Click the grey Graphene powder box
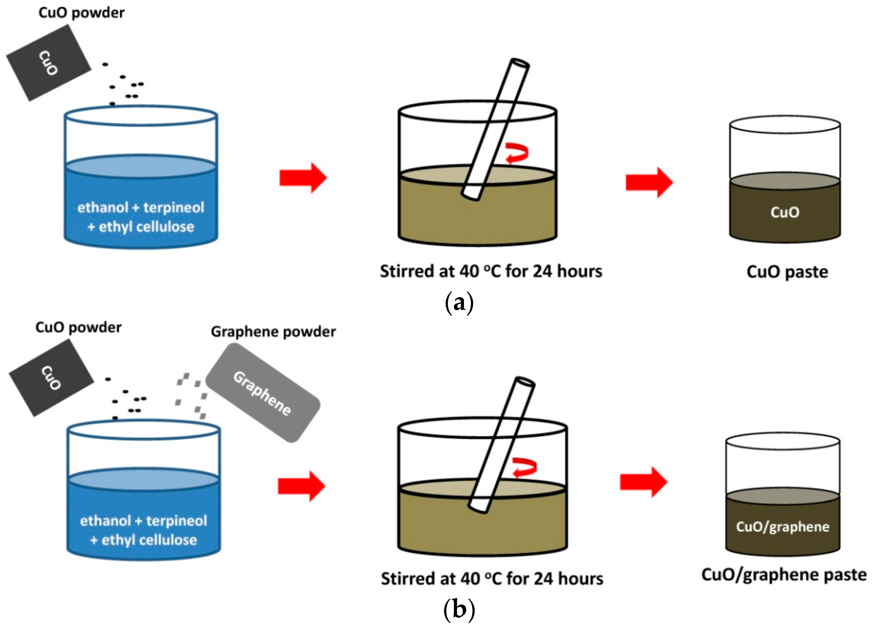tap(262, 392)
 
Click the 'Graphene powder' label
tap(273, 332)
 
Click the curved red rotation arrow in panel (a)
tap(517, 153)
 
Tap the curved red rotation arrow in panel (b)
tap(523, 468)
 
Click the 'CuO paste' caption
tap(787, 272)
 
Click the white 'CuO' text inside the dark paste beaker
tap(785, 212)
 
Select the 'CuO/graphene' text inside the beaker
tap(782, 527)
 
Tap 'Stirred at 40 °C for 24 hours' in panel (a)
tap(491, 271)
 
